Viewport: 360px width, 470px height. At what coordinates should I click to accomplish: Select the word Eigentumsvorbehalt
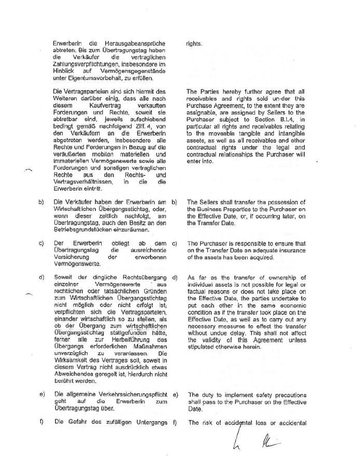point(105,78)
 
